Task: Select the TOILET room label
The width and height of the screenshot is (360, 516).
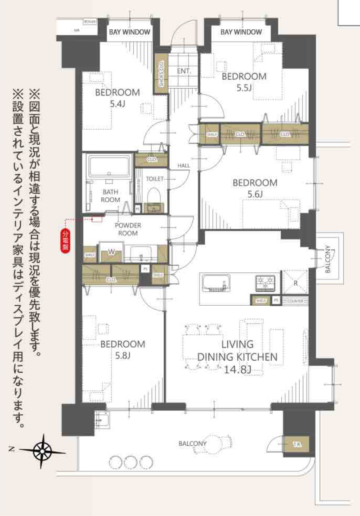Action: [154, 179]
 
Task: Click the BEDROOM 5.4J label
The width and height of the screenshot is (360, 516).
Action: [117, 98]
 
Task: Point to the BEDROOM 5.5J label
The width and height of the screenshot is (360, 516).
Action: [244, 82]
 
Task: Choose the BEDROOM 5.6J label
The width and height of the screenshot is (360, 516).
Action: [255, 188]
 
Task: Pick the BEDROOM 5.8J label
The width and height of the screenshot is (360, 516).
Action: [122, 350]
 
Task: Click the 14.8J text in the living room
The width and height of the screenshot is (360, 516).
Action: [237, 370]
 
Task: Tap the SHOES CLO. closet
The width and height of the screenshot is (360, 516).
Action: [161, 74]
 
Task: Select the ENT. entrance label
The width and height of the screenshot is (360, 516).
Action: [184, 71]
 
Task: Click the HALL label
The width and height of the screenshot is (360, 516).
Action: [184, 165]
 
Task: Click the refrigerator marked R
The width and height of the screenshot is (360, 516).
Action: [295, 284]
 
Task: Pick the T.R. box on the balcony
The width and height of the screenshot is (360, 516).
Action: [297, 444]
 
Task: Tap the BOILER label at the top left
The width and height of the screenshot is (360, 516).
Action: [89, 22]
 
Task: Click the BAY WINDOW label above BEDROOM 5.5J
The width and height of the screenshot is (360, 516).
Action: [241, 32]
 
